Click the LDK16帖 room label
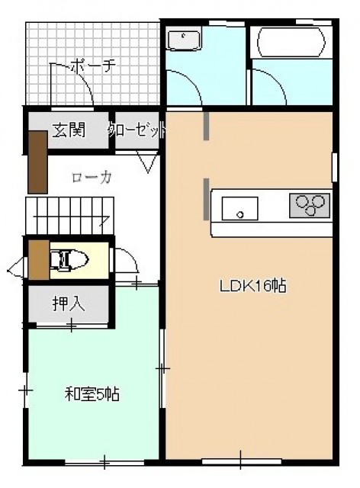[x=253, y=286]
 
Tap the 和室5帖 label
[x=92, y=394]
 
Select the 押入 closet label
[x=69, y=303]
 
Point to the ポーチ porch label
[x=93, y=66]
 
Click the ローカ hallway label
[x=92, y=178]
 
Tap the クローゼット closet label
[x=137, y=130]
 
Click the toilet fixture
[x=69, y=259]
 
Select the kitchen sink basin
[x=239, y=208]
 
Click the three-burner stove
[x=310, y=205]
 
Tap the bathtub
[x=291, y=43]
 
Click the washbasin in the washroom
[x=184, y=40]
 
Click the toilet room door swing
[x=126, y=260]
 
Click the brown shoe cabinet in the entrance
[x=37, y=162]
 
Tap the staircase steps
[x=69, y=215]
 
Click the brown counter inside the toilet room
[x=39, y=259]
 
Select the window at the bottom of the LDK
[x=242, y=461]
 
